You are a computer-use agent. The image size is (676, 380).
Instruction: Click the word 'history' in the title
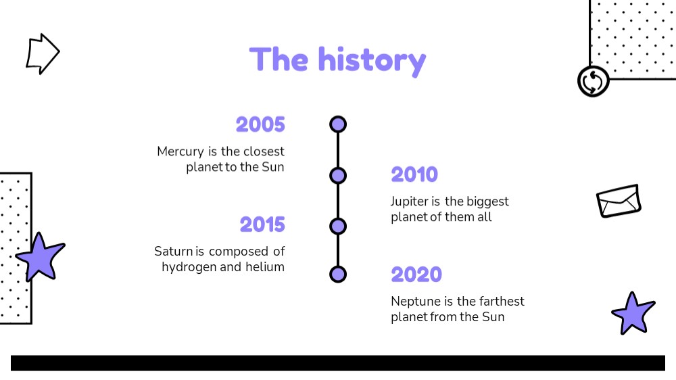[372, 61]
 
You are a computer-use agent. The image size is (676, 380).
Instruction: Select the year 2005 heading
[260, 124]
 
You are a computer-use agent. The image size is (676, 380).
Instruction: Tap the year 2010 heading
[414, 174]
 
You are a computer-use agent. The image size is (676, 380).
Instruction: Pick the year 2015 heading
[262, 224]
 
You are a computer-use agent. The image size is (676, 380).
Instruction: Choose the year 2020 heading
[416, 275]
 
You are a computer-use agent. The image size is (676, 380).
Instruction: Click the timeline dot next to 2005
[338, 124]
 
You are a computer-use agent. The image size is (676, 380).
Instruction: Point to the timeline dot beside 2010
[338, 176]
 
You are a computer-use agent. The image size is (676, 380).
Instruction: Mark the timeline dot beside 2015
[338, 226]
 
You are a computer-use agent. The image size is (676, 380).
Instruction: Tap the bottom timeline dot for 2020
[338, 275]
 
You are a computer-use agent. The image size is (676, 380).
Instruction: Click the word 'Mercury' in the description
[180, 152]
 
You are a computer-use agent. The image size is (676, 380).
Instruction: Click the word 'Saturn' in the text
[173, 252]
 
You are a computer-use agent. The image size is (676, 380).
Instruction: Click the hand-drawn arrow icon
[42, 54]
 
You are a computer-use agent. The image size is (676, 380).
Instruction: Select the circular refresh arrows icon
[594, 81]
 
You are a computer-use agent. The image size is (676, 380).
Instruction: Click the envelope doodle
[619, 201]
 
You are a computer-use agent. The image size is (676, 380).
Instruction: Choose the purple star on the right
[633, 313]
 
